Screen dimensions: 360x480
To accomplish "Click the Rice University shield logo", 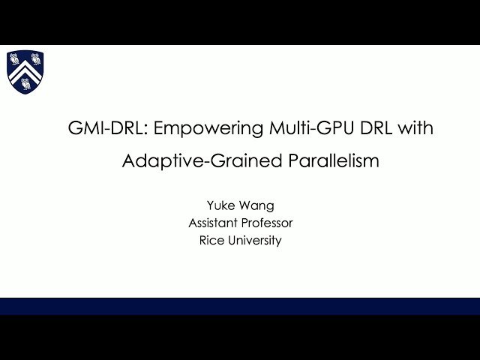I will point(25,71).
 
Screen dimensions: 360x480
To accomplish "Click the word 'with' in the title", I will point(415,128).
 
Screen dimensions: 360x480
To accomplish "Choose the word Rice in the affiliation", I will point(211,241).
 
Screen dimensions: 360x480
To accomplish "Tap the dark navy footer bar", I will point(240,306).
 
